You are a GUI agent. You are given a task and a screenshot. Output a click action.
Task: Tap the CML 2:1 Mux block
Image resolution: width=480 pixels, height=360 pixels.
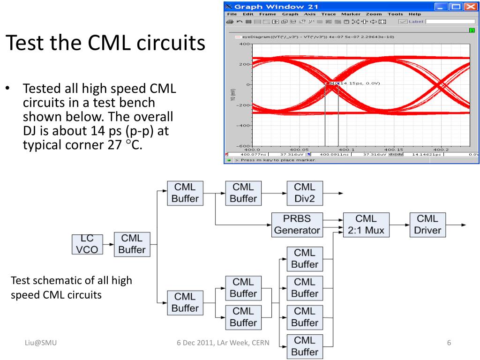[x=366, y=224]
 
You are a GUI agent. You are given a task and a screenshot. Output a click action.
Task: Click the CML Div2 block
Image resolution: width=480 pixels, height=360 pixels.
[x=305, y=193]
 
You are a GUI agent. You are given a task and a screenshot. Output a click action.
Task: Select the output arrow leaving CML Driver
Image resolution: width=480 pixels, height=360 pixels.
[x=455, y=225]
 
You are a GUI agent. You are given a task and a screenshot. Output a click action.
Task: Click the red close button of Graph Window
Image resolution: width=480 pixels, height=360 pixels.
[x=470, y=7]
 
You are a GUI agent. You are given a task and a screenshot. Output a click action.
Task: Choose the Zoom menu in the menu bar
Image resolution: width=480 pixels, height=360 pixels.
[x=374, y=14]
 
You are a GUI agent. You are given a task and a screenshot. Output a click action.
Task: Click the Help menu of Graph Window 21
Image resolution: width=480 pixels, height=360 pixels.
[x=415, y=14]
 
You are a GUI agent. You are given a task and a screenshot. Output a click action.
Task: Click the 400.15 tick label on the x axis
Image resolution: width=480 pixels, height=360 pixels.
[x=394, y=150]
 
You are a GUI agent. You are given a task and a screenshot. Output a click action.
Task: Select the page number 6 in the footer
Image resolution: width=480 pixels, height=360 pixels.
[x=449, y=343]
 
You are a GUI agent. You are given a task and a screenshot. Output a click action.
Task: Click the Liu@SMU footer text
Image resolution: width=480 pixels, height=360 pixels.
[x=41, y=343]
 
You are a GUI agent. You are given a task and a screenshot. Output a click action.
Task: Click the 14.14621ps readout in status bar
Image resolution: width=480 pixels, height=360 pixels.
[x=426, y=154]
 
